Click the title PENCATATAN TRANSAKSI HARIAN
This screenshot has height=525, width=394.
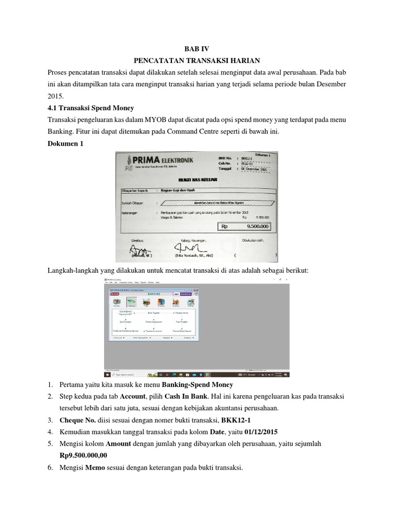(x=197, y=60)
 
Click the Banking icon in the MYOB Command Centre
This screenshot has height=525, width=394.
(x=132, y=302)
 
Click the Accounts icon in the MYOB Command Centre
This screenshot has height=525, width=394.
(x=116, y=302)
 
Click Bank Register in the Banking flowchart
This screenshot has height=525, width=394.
(x=154, y=312)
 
